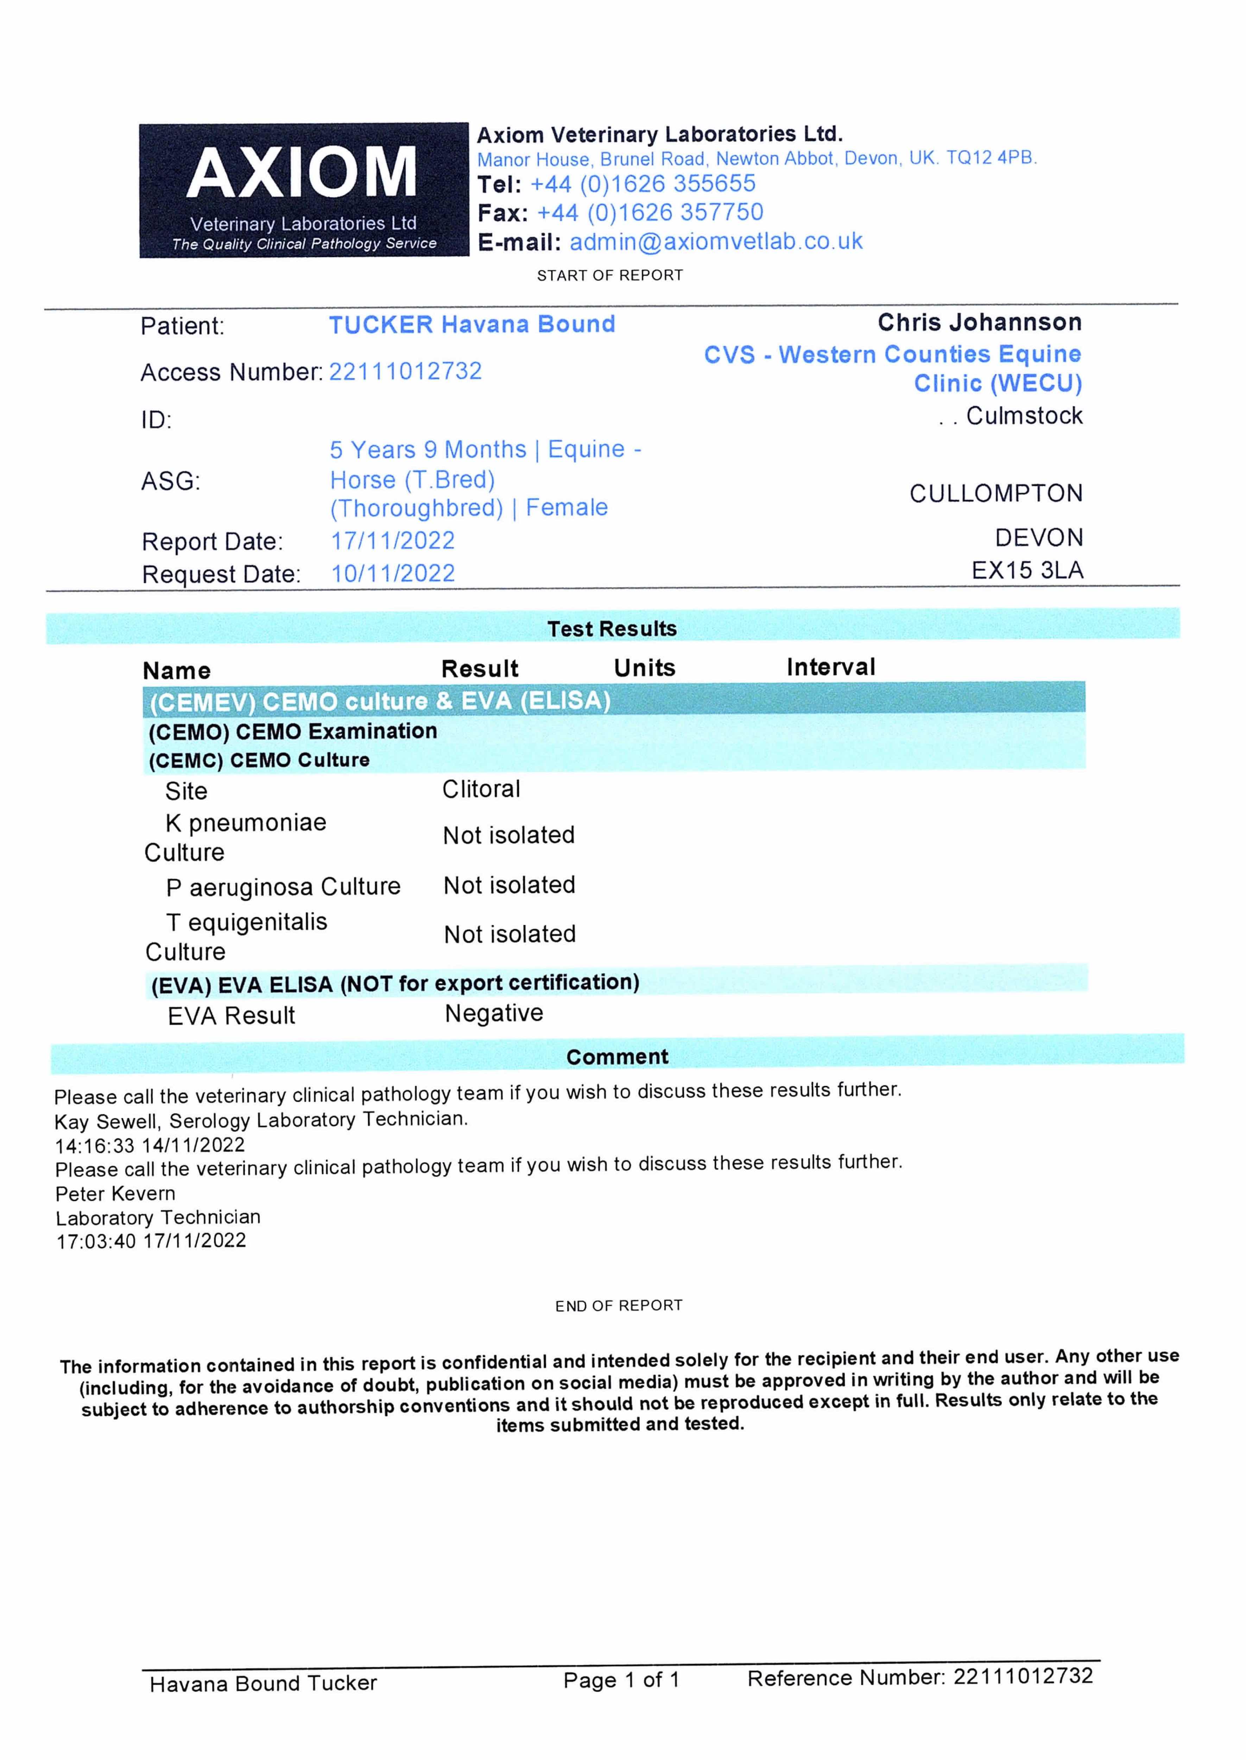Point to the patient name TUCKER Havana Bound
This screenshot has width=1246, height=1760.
click(472, 325)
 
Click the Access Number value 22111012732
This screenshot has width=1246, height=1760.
click(405, 371)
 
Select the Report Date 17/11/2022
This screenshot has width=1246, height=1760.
click(392, 541)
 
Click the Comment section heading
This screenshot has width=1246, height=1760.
click(617, 1057)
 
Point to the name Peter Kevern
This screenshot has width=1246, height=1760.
click(115, 1194)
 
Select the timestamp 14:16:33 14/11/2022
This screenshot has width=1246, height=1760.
click(150, 1145)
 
